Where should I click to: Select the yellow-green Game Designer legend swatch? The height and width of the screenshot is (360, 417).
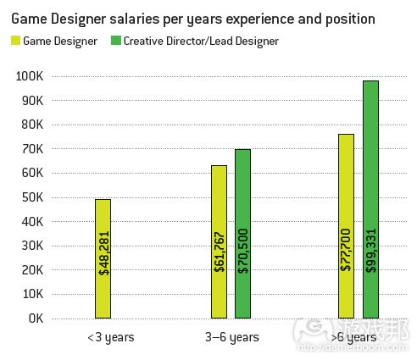coord(15,40)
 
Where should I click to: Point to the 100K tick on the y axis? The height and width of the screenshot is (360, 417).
coord(29,76)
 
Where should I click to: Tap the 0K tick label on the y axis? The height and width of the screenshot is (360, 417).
coord(34,319)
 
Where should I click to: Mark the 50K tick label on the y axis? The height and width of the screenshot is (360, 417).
coord(31,197)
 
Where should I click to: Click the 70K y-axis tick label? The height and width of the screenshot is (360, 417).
coord(31,149)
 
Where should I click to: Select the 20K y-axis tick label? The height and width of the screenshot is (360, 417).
coord(31,270)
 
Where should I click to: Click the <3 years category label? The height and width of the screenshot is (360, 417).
coord(111,337)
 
